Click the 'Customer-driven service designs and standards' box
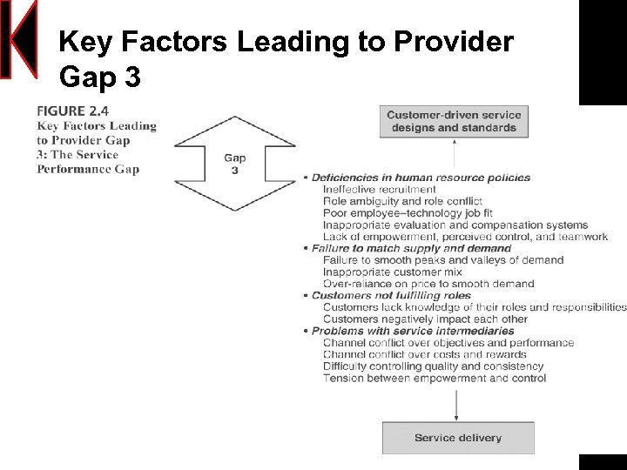tap(454, 121)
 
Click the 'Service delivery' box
tap(458, 438)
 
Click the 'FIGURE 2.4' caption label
tap(73, 111)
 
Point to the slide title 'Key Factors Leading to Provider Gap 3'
tap(286, 58)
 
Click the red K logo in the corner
tap(19, 39)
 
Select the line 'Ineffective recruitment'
tap(379, 189)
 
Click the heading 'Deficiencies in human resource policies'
tap(421, 178)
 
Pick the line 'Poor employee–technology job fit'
tap(409, 213)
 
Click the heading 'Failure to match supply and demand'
tap(411, 249)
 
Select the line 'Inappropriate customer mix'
tap(392, 272)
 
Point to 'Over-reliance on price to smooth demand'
tap(428, 284)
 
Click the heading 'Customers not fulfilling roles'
tap(391, 296)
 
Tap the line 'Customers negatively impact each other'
tap(425, 319)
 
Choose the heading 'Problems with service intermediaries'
tap(413, 332)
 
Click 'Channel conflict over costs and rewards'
tap(424, 354)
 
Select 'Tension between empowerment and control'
tap(434, 379)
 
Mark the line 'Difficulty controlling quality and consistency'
tap(433, 366)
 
